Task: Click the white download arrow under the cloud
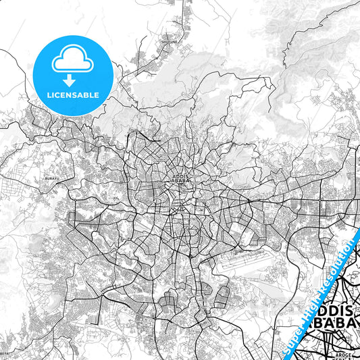[71, 79]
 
